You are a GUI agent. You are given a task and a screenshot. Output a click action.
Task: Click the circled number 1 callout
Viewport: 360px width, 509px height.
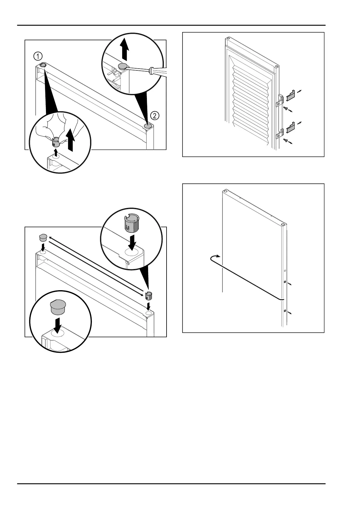coord(38,56)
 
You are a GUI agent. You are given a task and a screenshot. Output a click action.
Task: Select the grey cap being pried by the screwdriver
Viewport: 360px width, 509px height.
coord(123,66)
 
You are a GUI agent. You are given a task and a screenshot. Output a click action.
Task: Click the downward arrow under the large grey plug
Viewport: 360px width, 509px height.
coord(57,325)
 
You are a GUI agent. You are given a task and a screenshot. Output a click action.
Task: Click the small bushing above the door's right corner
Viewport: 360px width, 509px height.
coord(148,295)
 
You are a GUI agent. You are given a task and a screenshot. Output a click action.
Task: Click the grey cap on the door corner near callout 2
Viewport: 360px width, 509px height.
coord(148,125)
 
